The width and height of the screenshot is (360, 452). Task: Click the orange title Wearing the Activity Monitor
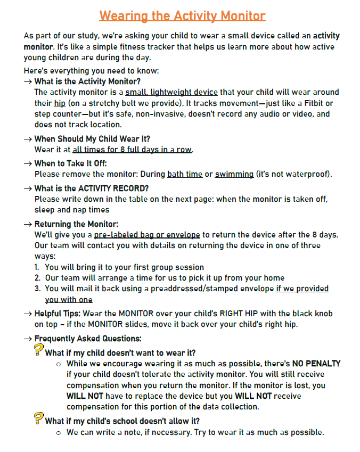pos(182,16)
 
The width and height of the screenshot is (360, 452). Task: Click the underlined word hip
pos(59,103)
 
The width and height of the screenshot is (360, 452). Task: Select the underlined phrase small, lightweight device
pos(171,92)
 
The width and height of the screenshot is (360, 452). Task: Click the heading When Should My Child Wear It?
pos(92,139)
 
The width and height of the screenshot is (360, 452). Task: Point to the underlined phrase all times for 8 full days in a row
pos(132,150)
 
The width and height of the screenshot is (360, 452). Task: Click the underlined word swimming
pos(234,174)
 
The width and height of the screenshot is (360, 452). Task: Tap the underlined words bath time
pos(185,174)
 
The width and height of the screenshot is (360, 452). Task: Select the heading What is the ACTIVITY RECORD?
pos(91,188)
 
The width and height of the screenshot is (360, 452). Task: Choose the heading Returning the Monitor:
pos(76,224)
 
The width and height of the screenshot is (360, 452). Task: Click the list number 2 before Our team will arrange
pos(37,278)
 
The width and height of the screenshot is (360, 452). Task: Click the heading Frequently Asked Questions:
pos(87,338)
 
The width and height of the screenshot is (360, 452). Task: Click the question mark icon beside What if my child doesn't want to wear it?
pos(38,350)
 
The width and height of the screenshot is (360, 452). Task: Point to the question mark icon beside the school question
pos(38,418)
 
